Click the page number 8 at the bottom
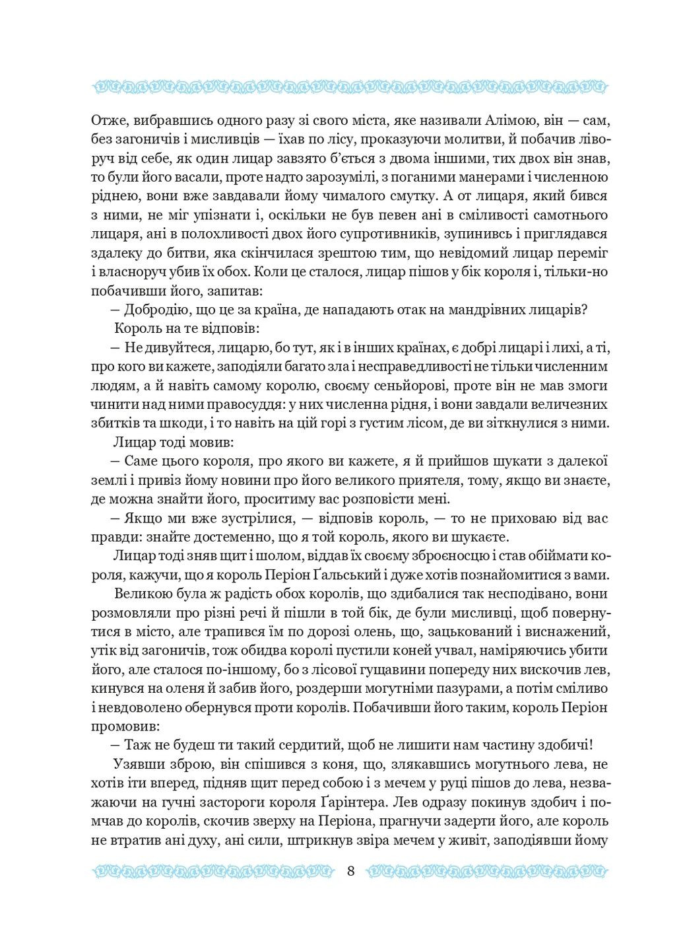tap(350, 870)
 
